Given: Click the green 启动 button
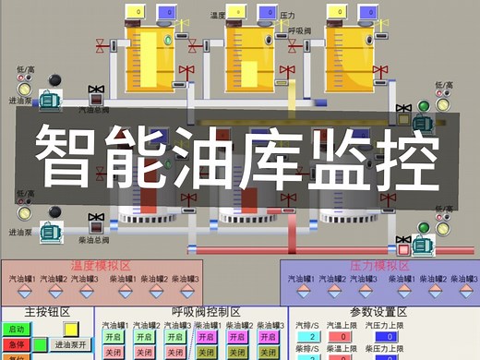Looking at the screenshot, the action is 16,329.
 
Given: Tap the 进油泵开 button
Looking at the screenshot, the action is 70,344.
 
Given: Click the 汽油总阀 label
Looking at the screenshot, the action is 93,110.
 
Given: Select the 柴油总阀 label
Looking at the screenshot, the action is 93,237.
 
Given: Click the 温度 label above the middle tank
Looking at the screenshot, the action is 218,14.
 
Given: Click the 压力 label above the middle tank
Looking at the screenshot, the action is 285,14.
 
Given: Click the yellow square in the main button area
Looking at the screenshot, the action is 70,329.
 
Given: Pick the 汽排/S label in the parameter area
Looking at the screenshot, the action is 307,325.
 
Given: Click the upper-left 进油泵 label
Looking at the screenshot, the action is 20,100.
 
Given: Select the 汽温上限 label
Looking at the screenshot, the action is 344,325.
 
